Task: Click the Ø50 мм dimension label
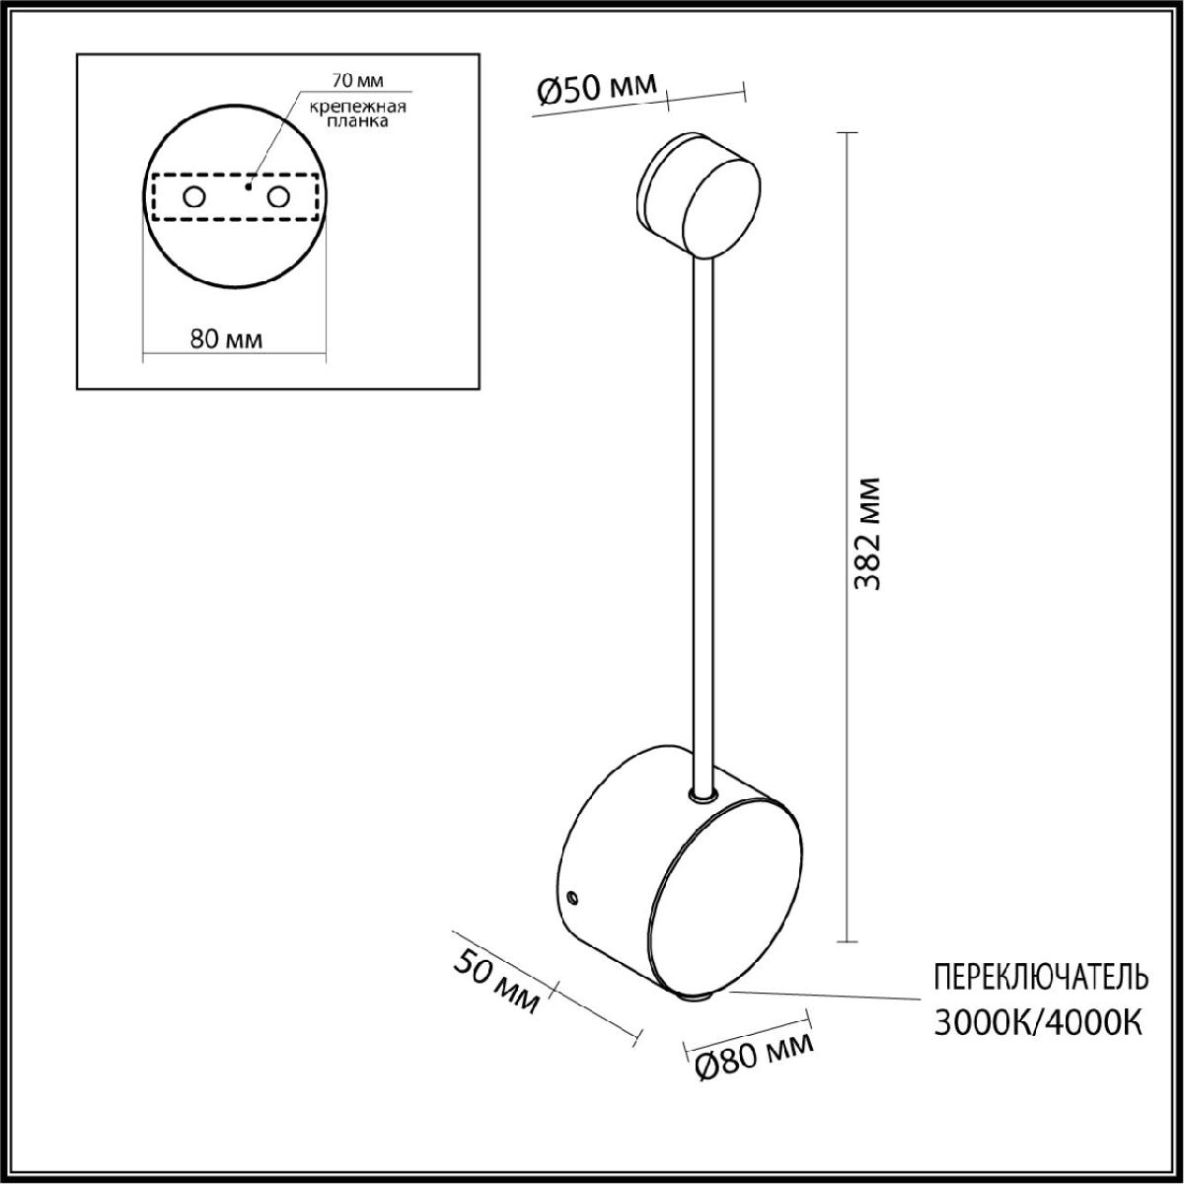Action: click(x=596, y=90)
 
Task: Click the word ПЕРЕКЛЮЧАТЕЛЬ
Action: click(x=1040, y=977)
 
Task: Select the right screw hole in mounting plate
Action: click(x=279, y=197)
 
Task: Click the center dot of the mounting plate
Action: click(x=250, y=185)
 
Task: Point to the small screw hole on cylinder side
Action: click(x=573, y=897)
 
